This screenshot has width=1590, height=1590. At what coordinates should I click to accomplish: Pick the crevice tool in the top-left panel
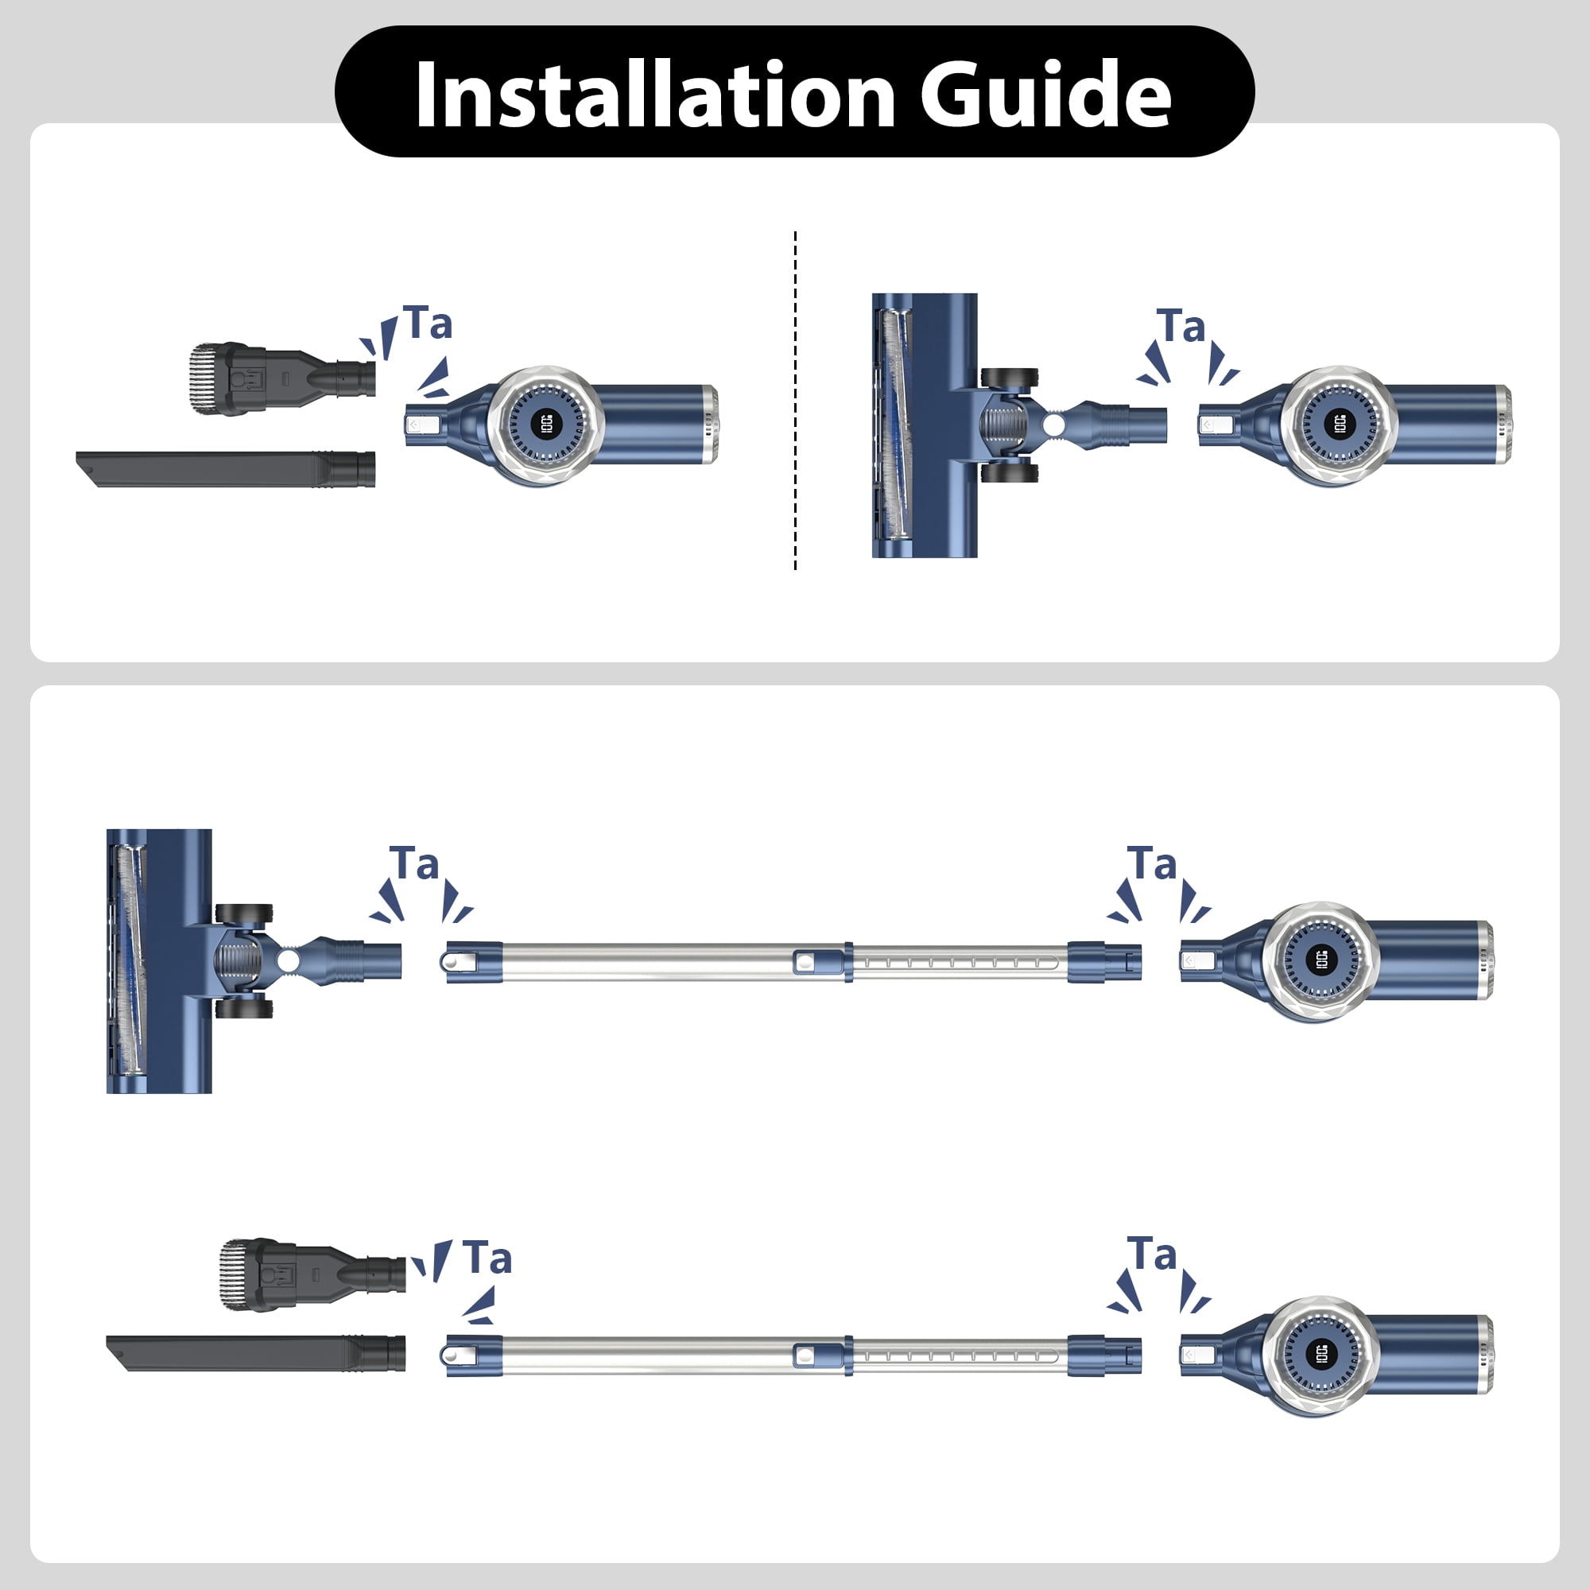pyautogui.click(x=227, y=468)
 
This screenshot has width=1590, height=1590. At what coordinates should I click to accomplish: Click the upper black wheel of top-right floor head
pyautogui.click(x=1009, y=378)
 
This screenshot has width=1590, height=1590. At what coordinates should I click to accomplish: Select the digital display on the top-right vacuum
pyautogui.click(x=1339, y=425)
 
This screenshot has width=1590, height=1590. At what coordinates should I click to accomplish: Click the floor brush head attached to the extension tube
pyautogui.click(x=158, y=960)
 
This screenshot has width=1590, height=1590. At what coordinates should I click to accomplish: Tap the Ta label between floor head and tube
pyautogui.click(x=414, y=864)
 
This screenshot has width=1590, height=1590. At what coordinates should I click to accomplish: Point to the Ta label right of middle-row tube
pyautogui.click(x=1151, y=864)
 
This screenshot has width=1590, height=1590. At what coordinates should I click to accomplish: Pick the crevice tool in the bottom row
pyautogui.click(x=255, y=1353)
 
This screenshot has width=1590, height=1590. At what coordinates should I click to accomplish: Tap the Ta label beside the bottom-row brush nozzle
pyautogui.click(x=487, y=1258)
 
